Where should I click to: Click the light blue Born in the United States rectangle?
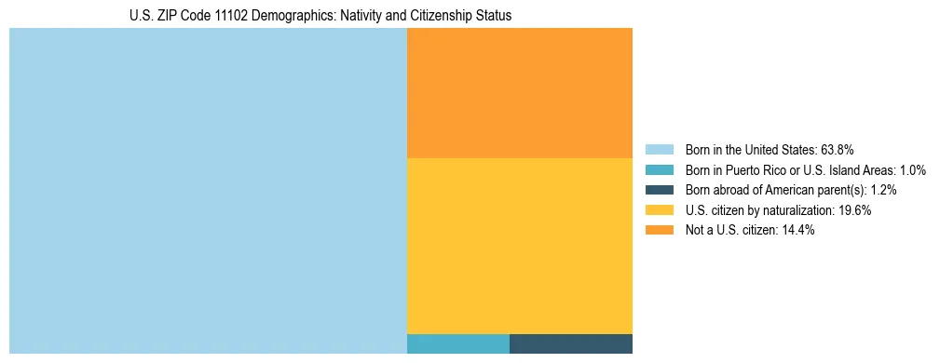point(208,191)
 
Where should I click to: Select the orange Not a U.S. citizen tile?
point(520,93)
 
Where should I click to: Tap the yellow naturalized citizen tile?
point(520,246)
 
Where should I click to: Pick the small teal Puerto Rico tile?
point(458,343)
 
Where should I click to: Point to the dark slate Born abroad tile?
point(571,343)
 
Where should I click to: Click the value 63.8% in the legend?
point(838,150)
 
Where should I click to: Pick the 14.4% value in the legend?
point(797,230)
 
